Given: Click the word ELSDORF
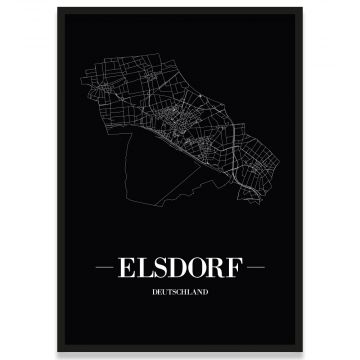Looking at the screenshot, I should pyautogui.click(x=179, y=270).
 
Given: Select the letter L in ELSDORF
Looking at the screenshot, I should pyautogui.click(x=148, y=270).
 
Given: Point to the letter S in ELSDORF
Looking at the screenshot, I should pyautogui.click(x=162, y=270).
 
